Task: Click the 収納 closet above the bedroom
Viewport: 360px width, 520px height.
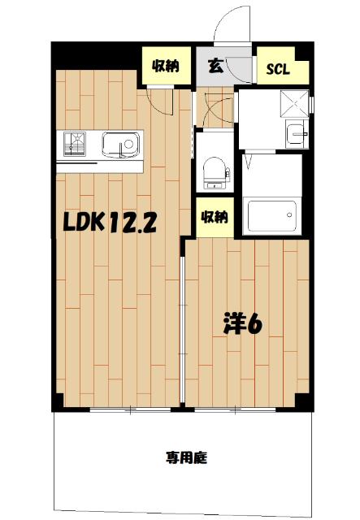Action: point(215,217)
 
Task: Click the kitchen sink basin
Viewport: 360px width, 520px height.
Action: point(122,146)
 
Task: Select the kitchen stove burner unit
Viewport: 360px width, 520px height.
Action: point(77,145)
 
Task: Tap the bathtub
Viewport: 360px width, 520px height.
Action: point(271,216)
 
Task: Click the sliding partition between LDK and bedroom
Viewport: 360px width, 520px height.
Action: point(184,325)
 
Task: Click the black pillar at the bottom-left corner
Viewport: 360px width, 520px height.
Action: point(58,401)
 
